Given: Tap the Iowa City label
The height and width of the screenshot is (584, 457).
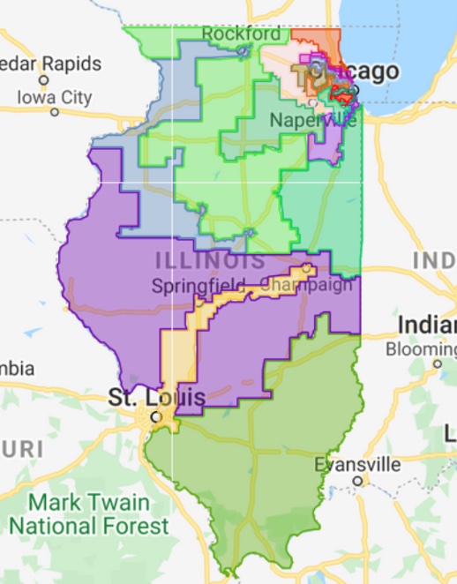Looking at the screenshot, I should tap(55, 97).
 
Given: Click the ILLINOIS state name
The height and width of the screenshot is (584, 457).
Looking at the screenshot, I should tap(210, 261).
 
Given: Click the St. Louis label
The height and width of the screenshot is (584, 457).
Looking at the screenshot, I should tap(157, 398).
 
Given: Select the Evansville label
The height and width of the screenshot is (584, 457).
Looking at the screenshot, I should tap(359, 464).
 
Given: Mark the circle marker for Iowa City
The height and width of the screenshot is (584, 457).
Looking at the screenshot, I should tap(55, 112).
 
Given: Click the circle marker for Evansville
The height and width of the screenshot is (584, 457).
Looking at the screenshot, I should tap(358, 481).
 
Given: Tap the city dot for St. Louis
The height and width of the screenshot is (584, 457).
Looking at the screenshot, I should tap(156, 416).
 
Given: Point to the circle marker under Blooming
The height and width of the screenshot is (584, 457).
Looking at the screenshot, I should tap(438, 363).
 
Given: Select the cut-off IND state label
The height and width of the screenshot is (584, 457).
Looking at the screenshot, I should tap(434, 261).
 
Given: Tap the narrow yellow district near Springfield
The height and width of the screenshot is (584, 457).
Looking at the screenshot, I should tap(181, 353).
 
